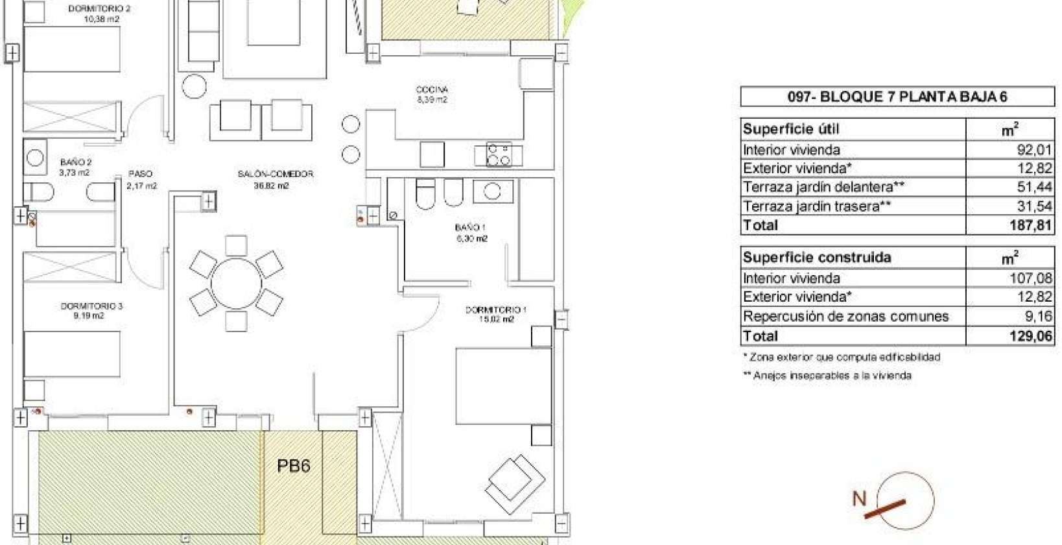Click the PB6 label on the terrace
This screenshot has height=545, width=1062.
click(x=293, y=466)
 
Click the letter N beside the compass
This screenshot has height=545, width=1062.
click(x=859, y=498)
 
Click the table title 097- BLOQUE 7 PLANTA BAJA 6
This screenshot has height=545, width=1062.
click(x=897, y=97)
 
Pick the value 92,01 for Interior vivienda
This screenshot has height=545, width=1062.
click(x=1033, y=150)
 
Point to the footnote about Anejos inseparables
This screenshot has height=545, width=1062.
click(x=827, y=376)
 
